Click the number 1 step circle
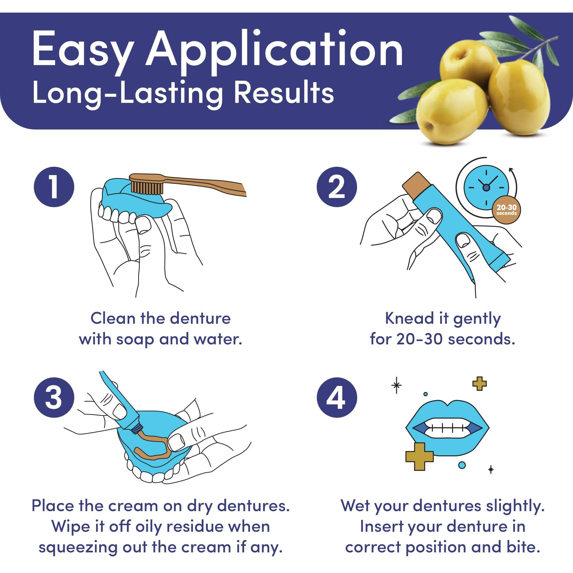[54, 187]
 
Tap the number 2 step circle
[337, 187]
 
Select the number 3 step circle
[54, 397]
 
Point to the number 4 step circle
[337, 397]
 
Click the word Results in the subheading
[284, 93]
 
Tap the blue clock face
[486, 187]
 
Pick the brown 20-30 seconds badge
[507, 210]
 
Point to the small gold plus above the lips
[480, 383]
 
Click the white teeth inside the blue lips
[447, 428]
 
